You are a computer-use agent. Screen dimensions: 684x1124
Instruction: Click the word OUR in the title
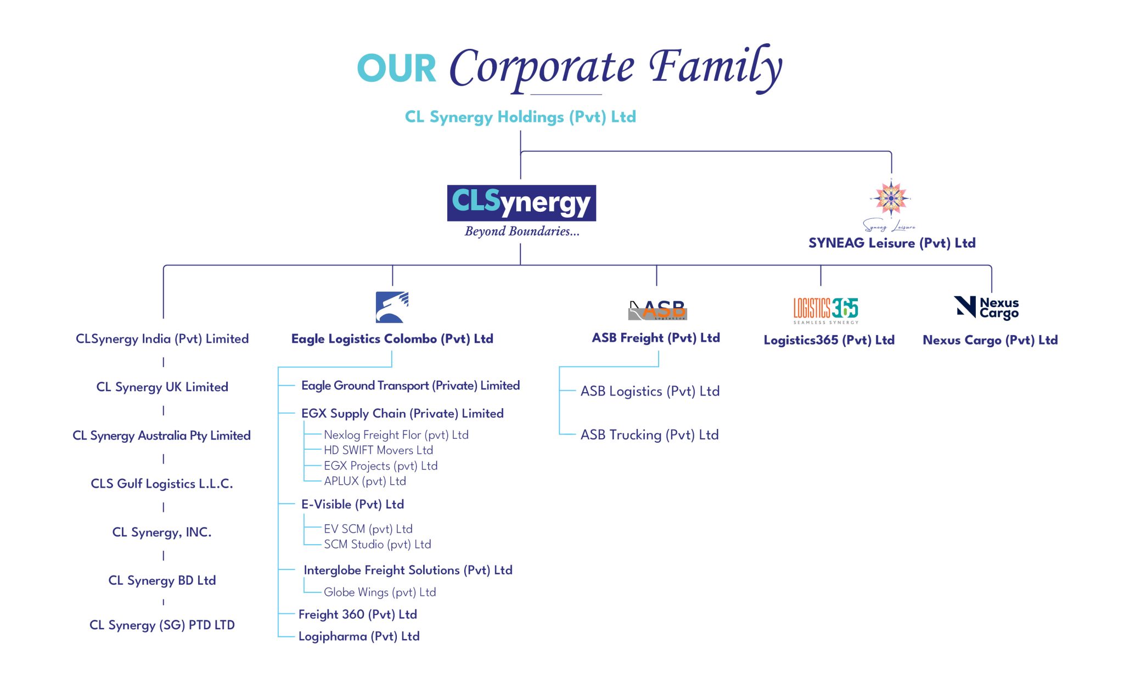[x=396, y=69]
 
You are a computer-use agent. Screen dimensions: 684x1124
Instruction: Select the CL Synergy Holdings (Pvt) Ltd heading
[x=520, y=117]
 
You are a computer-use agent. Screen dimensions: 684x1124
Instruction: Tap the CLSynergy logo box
[x=521, y=203]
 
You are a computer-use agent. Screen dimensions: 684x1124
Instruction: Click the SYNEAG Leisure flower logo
[x=891, y=198]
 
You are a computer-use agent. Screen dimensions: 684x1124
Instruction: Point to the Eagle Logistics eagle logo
[x=392, y=307]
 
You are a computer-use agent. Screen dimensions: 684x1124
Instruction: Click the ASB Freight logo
[x=657, y=310]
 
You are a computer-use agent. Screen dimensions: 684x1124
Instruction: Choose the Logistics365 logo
[x=825, y=309]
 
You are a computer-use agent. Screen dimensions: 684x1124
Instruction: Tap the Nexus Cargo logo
[x=986, y=308]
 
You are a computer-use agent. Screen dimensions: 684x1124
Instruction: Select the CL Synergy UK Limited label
[x=162, y=387]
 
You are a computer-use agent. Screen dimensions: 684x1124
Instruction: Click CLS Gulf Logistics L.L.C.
[x=162, y=484]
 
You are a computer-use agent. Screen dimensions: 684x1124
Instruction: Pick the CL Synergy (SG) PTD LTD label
[x=162, y=625]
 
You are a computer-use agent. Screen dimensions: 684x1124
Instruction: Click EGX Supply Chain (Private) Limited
[x=402, y=414]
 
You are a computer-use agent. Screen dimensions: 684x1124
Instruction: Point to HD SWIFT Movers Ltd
[x=378, y=450]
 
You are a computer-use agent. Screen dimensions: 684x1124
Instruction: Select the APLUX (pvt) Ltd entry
[x=365, y=481]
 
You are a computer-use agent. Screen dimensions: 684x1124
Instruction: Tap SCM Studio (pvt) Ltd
[x=377, y=544]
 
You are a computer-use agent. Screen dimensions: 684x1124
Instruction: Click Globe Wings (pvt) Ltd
[x=379, y=592]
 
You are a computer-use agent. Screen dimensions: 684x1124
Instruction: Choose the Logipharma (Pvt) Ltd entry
[x=359, y=636]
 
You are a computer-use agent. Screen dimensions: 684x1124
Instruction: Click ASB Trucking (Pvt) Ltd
[x=649, y=435]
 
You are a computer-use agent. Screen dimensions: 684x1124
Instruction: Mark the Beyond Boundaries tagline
[x=521, y=231]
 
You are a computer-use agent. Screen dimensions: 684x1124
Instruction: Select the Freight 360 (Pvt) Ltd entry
[x=357, y=614]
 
